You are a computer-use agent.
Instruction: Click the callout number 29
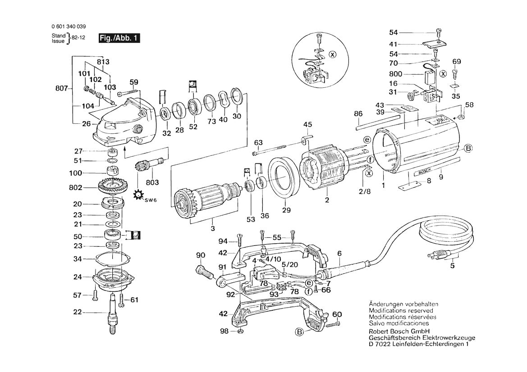[286, 210]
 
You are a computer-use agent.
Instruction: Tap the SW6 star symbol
[138, 195]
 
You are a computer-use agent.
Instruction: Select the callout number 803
[153, 182]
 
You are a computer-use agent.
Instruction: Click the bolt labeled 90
[204, 272]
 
